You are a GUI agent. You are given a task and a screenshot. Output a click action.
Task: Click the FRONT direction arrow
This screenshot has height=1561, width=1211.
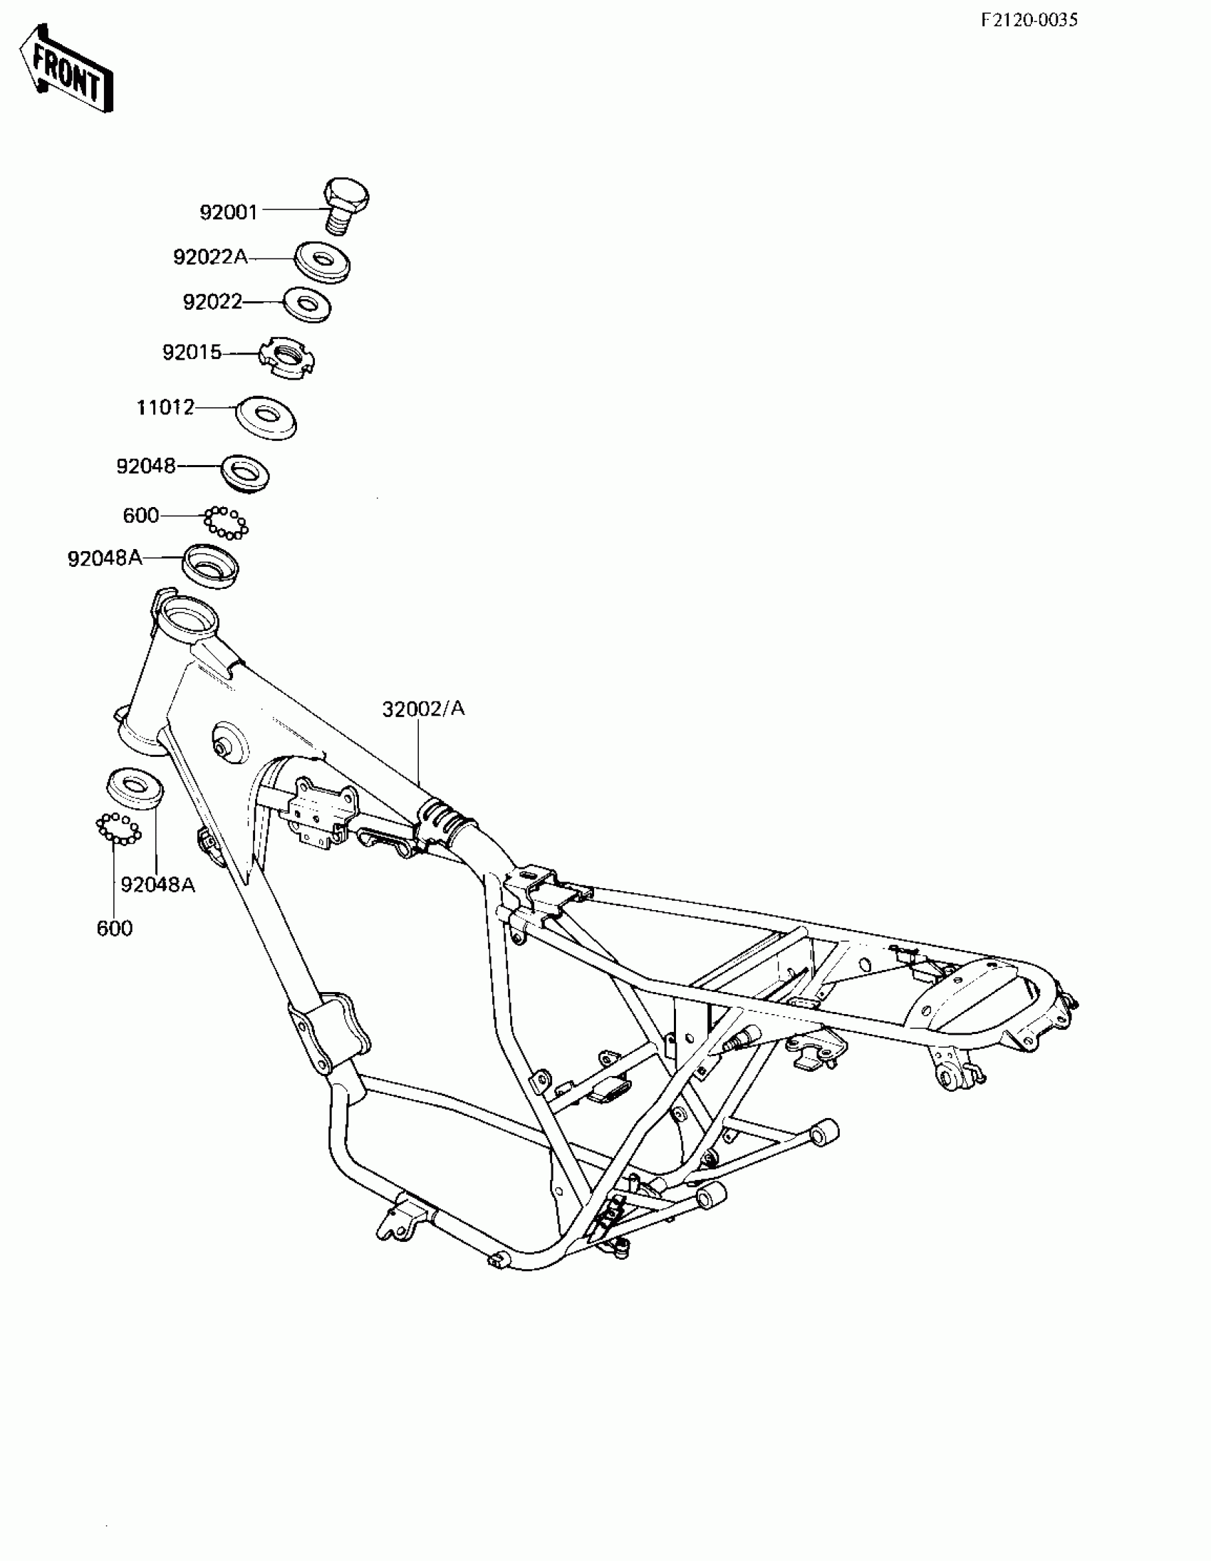pyautogui.click(x=66, y=70)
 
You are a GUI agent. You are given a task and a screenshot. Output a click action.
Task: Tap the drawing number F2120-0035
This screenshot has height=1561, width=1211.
pyautogui.click(x=1029, y=20)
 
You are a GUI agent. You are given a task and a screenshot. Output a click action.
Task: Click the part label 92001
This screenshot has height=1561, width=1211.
pyautogui.click(x=228, y=212)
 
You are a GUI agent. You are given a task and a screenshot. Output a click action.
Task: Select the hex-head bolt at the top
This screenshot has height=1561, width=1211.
pyautogui.click(x=346, y=204)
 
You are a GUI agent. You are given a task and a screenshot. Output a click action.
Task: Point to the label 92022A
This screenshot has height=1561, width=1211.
pyautogui.click(x=210, y=257)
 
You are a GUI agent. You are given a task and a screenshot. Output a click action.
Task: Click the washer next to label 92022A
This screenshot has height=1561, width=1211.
pyautogui.click(x=323, y=261)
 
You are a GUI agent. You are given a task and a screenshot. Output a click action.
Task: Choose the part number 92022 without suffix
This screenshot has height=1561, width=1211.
pyautogui.click(x=212, y=303)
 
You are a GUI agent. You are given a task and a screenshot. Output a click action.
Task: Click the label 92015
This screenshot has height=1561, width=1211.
pyautogui.click(x=192, y=353)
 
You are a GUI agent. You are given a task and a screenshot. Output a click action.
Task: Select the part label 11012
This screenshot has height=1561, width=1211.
pyautogui.click(x=165, y=407)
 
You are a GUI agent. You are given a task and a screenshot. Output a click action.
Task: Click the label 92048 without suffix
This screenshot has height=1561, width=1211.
pyautogui.click(x=146, y=466)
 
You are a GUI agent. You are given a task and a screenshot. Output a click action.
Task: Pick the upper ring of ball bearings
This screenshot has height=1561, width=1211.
pyautogui.click(x=226, y=523)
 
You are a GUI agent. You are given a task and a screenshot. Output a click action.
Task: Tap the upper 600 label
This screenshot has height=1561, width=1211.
pyautogui.click(x=141, y=516)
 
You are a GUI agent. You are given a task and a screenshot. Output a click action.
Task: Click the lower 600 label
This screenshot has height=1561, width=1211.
pyautogui.click(x=115, y=929)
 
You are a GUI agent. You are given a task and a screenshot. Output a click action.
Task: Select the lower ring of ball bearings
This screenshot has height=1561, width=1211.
pyautogui.click(x=119, y=828)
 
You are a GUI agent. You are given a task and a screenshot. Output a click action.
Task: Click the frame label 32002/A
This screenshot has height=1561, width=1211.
pyautogui.click(x=423, y=709)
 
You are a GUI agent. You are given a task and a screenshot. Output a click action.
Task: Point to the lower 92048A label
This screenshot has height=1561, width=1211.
pyautogui.click(x=157, y=885)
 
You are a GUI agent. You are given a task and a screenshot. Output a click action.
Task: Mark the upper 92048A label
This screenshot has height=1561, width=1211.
pyautogui.click(x=105, y=558)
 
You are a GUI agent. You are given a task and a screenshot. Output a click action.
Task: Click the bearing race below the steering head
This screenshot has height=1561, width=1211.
pyautogui.click(x=135, y=788)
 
